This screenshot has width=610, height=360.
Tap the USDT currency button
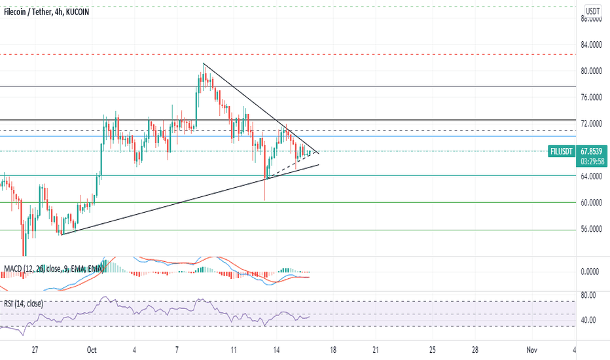tap(593, 11)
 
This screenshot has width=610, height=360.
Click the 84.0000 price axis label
tap(592, 45)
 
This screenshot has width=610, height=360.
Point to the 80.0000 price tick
tap(592, 71)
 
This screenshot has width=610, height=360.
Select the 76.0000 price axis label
tap(592, 98)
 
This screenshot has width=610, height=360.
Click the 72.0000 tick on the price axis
tap(592, 124)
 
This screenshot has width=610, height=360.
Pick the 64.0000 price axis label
tap(592, 177)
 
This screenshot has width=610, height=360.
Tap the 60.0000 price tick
tap(592, 203)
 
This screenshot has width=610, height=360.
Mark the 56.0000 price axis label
tap(592, 230)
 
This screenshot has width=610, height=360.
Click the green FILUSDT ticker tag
tap(562, 151)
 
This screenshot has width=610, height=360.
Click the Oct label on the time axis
tap(92, 350)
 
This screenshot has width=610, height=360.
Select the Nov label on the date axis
tap(531, 350)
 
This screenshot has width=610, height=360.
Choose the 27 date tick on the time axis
tap(35, 350)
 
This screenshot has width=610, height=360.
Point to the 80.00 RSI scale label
tap(588, 295)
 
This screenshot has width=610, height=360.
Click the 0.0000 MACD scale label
tap(591, 272)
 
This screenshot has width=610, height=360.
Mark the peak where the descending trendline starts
tap(204, 63)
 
